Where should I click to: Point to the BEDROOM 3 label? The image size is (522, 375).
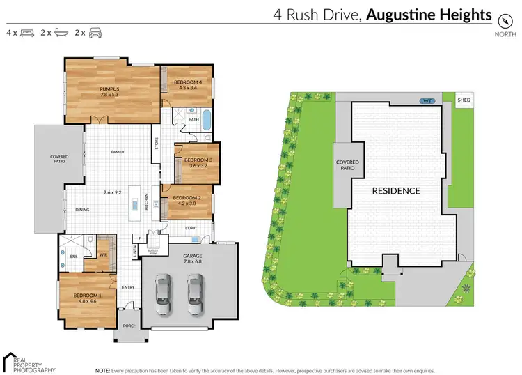point(198,160)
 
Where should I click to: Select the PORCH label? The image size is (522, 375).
point(129,326)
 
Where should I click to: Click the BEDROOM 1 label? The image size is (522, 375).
point(86,296)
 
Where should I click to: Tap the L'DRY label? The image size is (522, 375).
point(190,228)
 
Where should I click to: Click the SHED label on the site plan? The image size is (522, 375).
point(464,100)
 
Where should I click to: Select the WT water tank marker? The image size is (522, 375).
point(428,101)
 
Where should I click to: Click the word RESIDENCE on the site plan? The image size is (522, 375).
point(395,190)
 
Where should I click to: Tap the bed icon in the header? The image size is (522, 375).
point(27,32)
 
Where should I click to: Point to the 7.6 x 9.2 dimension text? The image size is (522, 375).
point(113,192)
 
